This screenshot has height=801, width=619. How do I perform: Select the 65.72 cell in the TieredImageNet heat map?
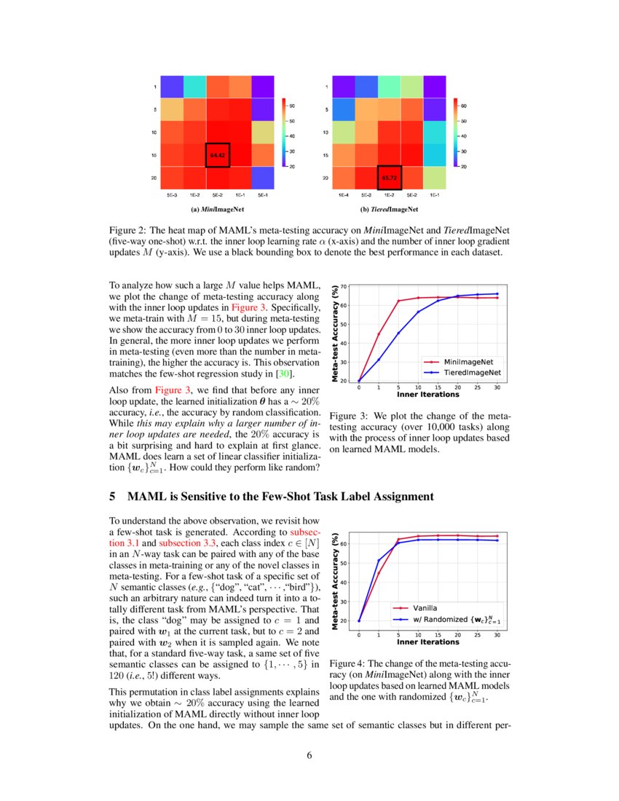click(389, 178)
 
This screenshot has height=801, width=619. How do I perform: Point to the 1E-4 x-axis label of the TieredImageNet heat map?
click(343, 195)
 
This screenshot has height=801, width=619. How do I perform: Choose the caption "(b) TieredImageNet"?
click(389, 210)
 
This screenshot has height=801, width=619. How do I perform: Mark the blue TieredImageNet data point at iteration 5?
click(398, 333)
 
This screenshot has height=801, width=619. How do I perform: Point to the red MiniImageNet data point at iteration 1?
click(378, 334)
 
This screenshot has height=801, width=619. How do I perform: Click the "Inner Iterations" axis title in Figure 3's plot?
click(428, 395)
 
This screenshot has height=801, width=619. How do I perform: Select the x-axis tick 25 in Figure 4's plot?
click(477, 636)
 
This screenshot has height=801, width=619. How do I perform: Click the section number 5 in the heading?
click(112, 497)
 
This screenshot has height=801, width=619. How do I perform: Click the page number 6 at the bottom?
click(309, 754)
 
